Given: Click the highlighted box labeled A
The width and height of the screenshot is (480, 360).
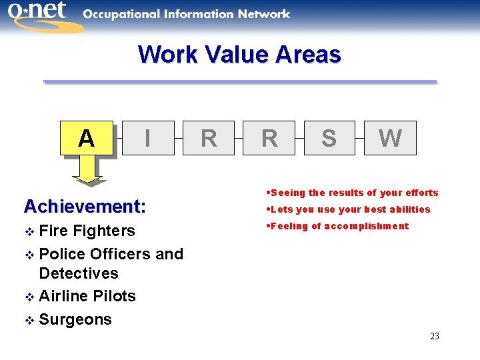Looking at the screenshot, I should pos(87,138).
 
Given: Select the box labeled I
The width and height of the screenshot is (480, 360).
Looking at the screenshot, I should pos(147,138).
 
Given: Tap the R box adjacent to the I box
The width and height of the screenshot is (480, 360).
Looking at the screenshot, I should pos(209,138).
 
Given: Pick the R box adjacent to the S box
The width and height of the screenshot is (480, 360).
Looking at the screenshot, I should pos(269,138).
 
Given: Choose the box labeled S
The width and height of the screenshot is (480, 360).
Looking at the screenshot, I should pos(329,138).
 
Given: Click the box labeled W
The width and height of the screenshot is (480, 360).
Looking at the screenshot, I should pos(390,138).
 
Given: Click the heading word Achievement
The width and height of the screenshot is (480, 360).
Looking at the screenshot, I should pos(85,207).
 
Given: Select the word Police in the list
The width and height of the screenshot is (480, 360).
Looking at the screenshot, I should pos(62,254).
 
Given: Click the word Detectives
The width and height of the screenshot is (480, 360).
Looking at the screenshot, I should pos(79,273).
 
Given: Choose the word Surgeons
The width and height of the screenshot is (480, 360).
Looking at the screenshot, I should pos(75,319).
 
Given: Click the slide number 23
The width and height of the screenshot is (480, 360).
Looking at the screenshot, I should pos(434,336).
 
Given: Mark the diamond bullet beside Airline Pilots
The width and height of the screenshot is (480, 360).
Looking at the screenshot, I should pos(28,297).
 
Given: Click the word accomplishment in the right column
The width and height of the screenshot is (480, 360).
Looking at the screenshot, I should pos(367,226).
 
